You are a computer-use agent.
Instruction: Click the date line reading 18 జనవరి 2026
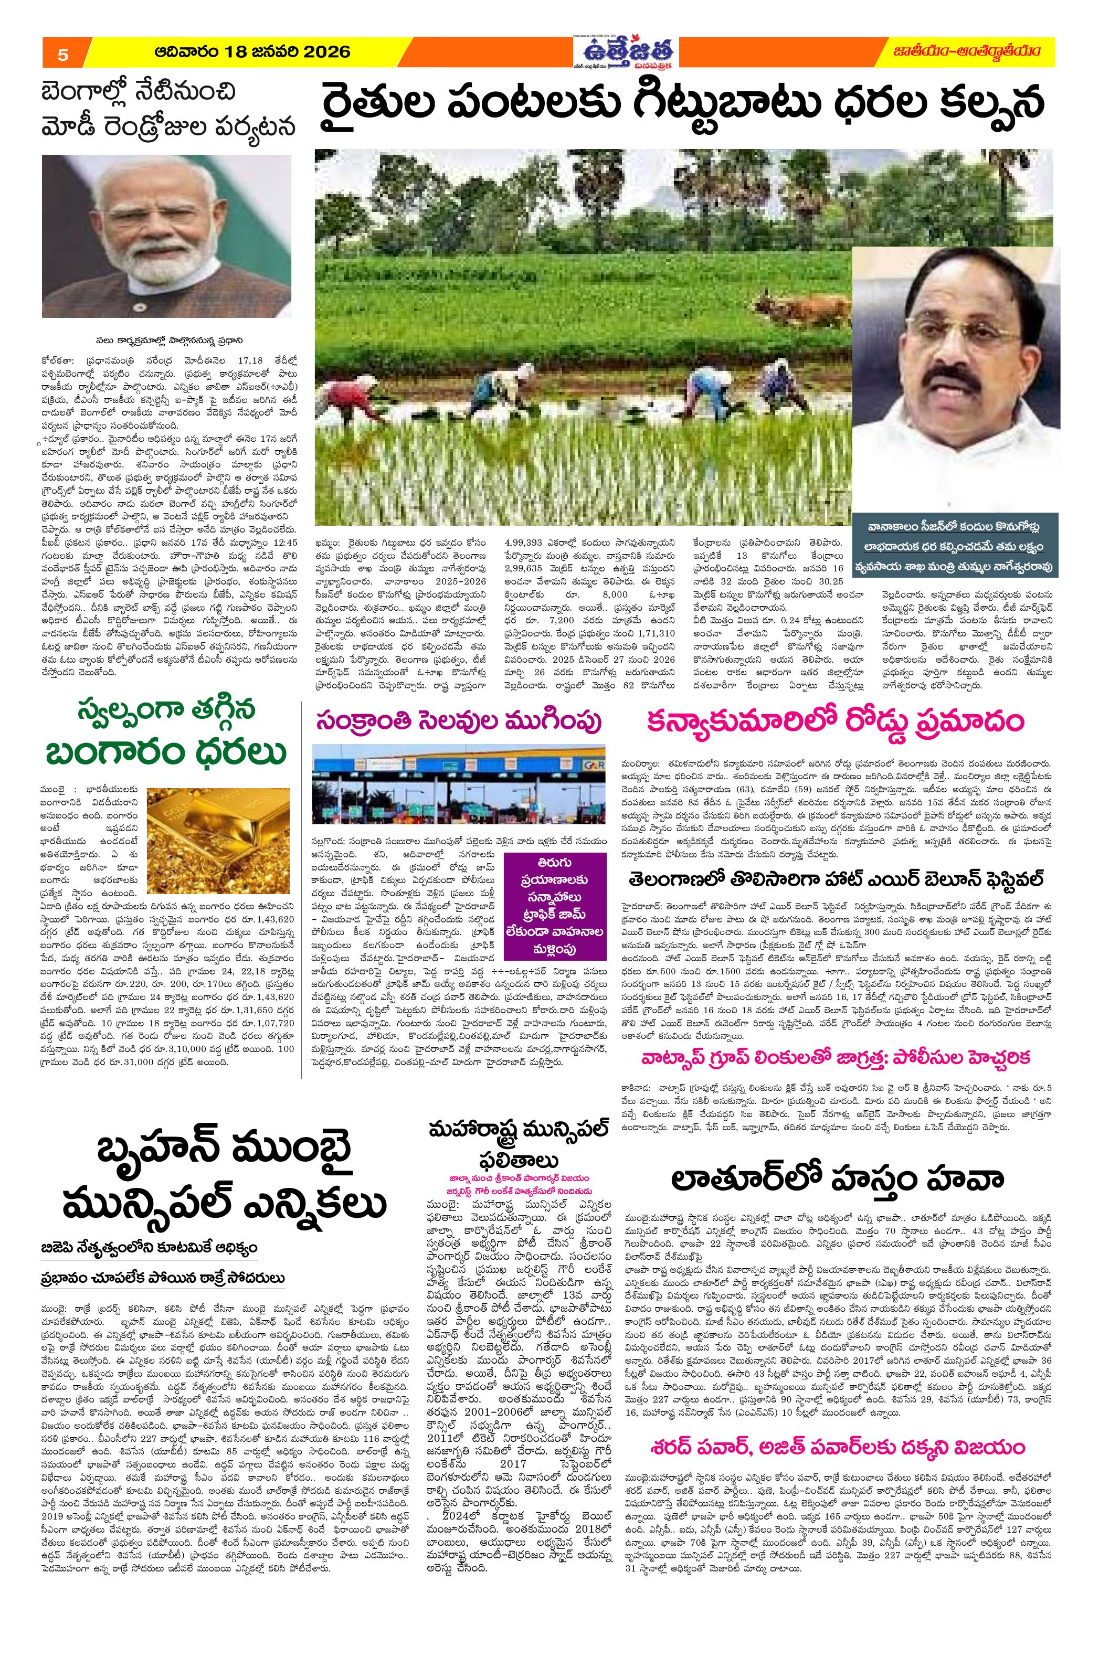[x=252, y=52]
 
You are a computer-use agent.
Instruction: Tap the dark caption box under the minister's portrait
[x=953, y=547]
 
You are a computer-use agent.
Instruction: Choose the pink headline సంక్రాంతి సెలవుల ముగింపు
[x=458, y=720]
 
